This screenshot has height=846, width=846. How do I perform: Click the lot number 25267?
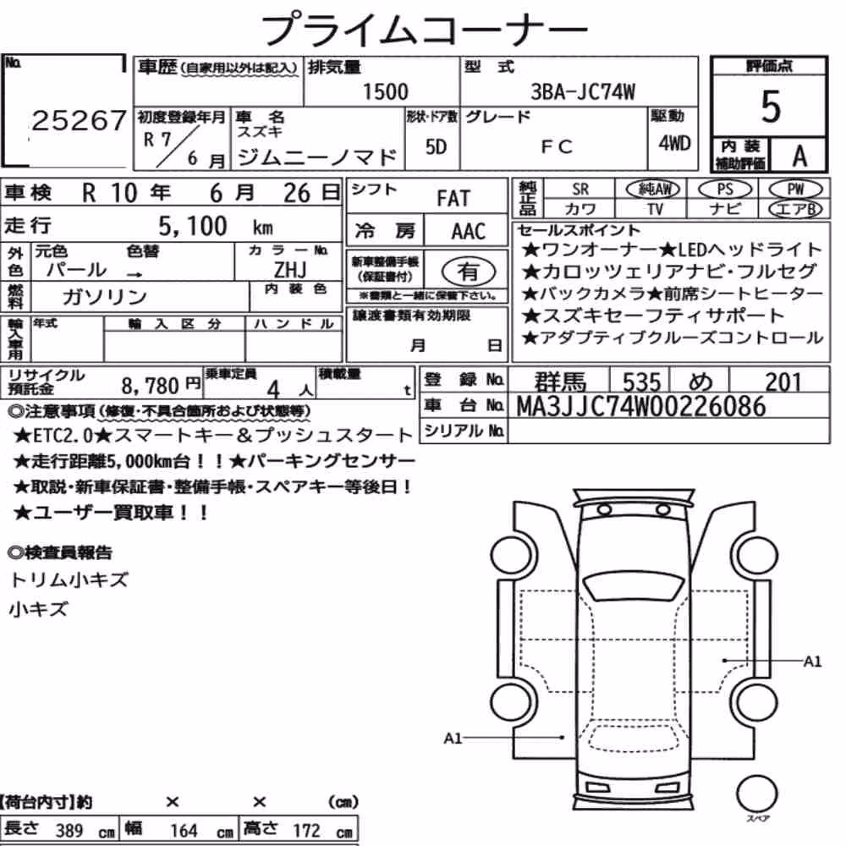(79, 120)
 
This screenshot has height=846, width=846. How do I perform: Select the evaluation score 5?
(770, 107)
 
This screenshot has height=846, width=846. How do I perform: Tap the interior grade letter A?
(799, 157)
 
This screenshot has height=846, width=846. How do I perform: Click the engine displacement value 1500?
(385, 91)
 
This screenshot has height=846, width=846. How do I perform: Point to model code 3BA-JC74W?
(583, 92)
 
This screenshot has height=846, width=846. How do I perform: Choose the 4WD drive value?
(674, 143)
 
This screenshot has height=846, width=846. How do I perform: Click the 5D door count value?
(436, 146)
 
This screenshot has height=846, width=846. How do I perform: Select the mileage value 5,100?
(193, 227)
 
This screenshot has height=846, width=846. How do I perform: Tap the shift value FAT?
(453, 199)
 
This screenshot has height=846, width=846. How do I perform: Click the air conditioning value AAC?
(468, 232)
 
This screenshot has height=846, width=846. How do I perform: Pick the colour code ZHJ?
(289, 269)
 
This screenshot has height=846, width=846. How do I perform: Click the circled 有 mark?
(468, 272)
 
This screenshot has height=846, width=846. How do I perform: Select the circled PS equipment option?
(725, 190)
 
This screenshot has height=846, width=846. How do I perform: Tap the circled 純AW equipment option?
(653, 189)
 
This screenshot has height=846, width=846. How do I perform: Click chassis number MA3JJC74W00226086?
(641, 407)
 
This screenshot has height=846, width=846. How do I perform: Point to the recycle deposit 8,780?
(150, 387)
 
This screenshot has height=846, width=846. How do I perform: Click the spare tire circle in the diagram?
(756, 794)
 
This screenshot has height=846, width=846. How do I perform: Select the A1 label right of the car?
(812, 662)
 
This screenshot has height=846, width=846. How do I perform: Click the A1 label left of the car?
(453, 738)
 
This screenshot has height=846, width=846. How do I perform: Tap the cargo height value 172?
(306, 831)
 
